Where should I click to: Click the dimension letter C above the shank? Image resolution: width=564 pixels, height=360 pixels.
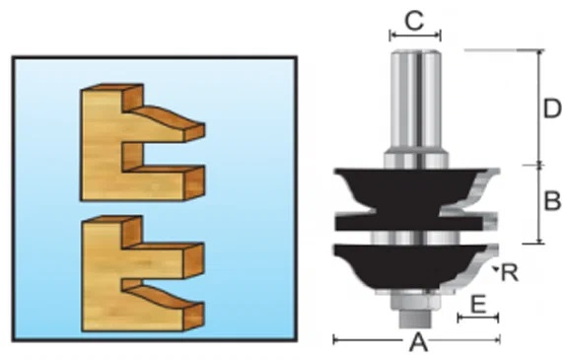click(415, 21)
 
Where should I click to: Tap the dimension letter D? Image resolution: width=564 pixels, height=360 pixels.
click(552, 108)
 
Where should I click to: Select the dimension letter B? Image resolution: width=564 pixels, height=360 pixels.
click(552, 200)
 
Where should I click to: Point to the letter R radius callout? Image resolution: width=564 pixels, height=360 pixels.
click(510, 272)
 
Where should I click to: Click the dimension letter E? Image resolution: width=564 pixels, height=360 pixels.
click(478, 304)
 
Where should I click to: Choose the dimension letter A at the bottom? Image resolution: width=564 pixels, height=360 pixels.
click(418, 342)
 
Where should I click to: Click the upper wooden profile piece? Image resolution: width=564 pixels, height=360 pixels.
click(143, 142)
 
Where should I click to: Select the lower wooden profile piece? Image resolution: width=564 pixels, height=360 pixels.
click(143, 273)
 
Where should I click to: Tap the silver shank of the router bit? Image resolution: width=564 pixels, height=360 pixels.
click(416, 101)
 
